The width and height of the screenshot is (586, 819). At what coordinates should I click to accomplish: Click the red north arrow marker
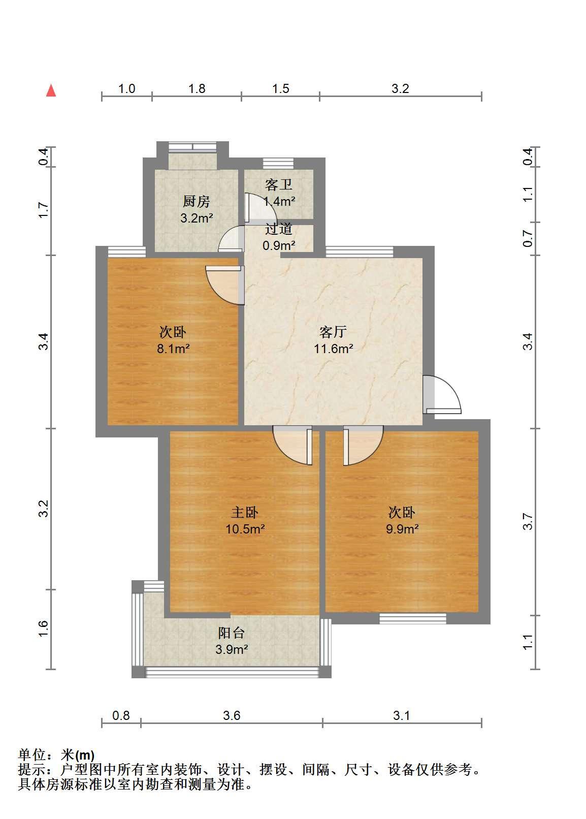tap(51, 90)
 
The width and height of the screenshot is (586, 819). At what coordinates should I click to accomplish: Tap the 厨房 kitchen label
tap(196, 202)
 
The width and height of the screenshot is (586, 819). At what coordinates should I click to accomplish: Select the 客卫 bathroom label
tap(279, 185)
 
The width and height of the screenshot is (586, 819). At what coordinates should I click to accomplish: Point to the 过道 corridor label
tap(279, 229)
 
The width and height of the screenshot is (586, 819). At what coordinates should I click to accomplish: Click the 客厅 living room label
tap(333, 332)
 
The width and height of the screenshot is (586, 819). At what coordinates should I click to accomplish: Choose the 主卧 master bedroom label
tap(245, 513)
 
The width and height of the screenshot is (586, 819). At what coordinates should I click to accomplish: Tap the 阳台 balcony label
tap(231, 633)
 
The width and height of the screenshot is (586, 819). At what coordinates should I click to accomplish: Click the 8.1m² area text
tap(173, 349)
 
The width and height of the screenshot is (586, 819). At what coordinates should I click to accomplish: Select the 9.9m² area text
tap(402, 529)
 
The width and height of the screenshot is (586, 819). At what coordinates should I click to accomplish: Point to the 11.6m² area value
tap(333, 349)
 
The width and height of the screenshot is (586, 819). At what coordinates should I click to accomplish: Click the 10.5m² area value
tap(245, 529)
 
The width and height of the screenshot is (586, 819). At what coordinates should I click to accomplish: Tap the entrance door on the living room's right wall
tap(442, 394)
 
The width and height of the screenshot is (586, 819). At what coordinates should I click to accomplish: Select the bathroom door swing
tap(261, 208)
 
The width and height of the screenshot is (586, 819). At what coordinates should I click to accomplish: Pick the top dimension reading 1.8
tap(197, 89)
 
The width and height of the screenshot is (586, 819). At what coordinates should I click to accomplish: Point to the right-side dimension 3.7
tap(528, 522)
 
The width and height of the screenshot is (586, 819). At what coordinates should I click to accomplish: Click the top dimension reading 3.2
tap(400, 89)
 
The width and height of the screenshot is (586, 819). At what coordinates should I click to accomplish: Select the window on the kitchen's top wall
tap(192, 147)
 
